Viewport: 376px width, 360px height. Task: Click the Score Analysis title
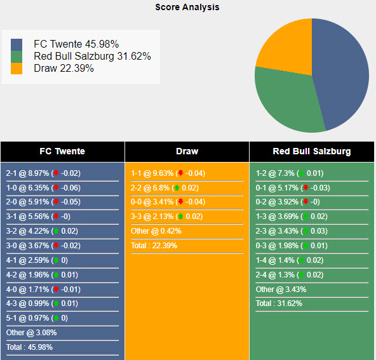pyautogui.click(x=187, y=7)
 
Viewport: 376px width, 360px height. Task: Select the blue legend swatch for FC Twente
pyautogui.click(x=17, y=44)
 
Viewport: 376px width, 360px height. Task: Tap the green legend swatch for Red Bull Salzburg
pyautogui.click(x=17, y=57)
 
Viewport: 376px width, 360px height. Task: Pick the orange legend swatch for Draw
pyautogui.click(x=17, y=69)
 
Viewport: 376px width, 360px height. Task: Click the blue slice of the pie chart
pyautogui.click(x=343, y=70)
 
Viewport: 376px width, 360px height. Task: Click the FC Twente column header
pyautogui.click(x=62, y=151)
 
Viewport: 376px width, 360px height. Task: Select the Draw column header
pyautogui.click(x=187, y=151)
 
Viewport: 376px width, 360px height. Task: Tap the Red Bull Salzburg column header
pyautogui.click(x=311, y=151)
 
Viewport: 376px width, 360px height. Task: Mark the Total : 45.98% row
pyautogui.click(x=29, y=347)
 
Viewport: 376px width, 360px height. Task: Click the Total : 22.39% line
pyautogui.click(x=154, y=246)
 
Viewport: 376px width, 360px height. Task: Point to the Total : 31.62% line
pyautogui.click(x=279, y=303)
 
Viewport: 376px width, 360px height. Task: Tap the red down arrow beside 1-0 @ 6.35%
pyautogui.click(x=56, y=188)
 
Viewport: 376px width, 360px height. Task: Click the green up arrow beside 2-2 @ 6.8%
pyautogui.click(x=176, y=188)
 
